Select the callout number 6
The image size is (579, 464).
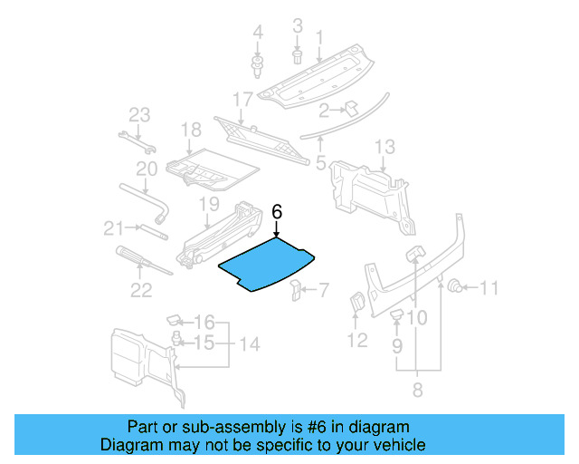pyautogui.click(x=278, y=212)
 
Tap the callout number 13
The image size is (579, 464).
pyautogui.click(x=384, y=147)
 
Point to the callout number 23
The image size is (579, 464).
pyautogui.click(x=138, y=114)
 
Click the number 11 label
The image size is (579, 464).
pyautogui.click(x=489, y=289)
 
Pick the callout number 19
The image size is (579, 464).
pyautogui.click(x=209, y=204)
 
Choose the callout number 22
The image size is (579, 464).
pyautogui.click(x=141, y=290)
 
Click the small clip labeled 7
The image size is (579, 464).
pyautogui.click(x=295, y=289)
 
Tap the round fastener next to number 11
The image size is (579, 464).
pyautogui.click(x=458, y=288)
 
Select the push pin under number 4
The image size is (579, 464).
pyautogui.click(x=257, y=64)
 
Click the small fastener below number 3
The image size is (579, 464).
pyautogui.click(x=297, y=55)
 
